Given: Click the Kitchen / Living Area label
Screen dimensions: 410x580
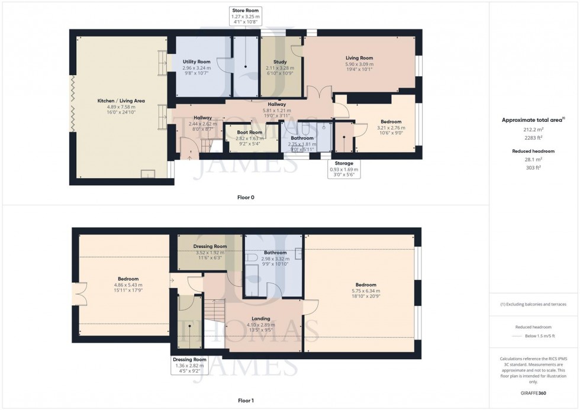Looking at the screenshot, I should (x=121, y=101).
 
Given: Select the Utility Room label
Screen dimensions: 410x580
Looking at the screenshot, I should (x=196, y=62).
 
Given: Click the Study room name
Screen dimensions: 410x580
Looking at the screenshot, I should (x=280, y=62).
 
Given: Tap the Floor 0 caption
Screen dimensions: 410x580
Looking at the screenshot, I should (x=245, y=197).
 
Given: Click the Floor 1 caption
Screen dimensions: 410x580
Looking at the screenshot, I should (x=245, y=401).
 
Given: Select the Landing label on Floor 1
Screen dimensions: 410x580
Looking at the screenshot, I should (x=260, y=318).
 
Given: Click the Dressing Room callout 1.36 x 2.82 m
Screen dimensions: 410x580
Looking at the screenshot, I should (x=189, y=366).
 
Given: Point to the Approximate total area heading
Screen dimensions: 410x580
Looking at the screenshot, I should (x=533, y=120).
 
